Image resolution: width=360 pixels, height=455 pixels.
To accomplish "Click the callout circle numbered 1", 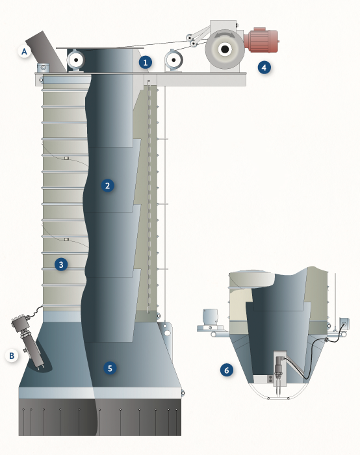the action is (146, 62).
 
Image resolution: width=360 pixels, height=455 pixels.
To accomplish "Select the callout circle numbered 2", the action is (108, 185).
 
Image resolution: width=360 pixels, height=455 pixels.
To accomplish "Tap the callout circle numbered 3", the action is (61, 265).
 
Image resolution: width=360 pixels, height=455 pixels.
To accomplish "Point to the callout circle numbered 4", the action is (264, 68).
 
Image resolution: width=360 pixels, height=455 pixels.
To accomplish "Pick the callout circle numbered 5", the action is (110, 369).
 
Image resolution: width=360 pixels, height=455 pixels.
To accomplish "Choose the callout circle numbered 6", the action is (227, 370).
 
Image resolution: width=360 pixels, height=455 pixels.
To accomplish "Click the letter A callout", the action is (24, 51).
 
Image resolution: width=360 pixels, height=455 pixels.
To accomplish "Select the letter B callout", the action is (12, 356).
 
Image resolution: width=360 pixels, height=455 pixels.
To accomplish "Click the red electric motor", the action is (261, 40).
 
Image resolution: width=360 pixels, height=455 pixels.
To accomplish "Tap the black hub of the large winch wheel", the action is (225, 49).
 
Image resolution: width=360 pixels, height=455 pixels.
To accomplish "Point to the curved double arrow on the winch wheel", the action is (225, 35).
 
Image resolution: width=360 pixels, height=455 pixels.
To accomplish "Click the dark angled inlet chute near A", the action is (46, 51).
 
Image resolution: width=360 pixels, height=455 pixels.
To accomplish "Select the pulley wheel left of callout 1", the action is (76, 60).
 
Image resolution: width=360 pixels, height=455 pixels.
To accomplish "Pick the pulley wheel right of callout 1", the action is (174, 60).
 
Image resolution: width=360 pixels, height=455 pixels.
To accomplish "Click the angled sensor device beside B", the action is (28, 339).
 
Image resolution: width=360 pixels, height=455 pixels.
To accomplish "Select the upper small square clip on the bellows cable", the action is (66, 158).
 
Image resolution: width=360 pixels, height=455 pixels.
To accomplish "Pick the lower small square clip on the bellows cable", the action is (66, 239).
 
